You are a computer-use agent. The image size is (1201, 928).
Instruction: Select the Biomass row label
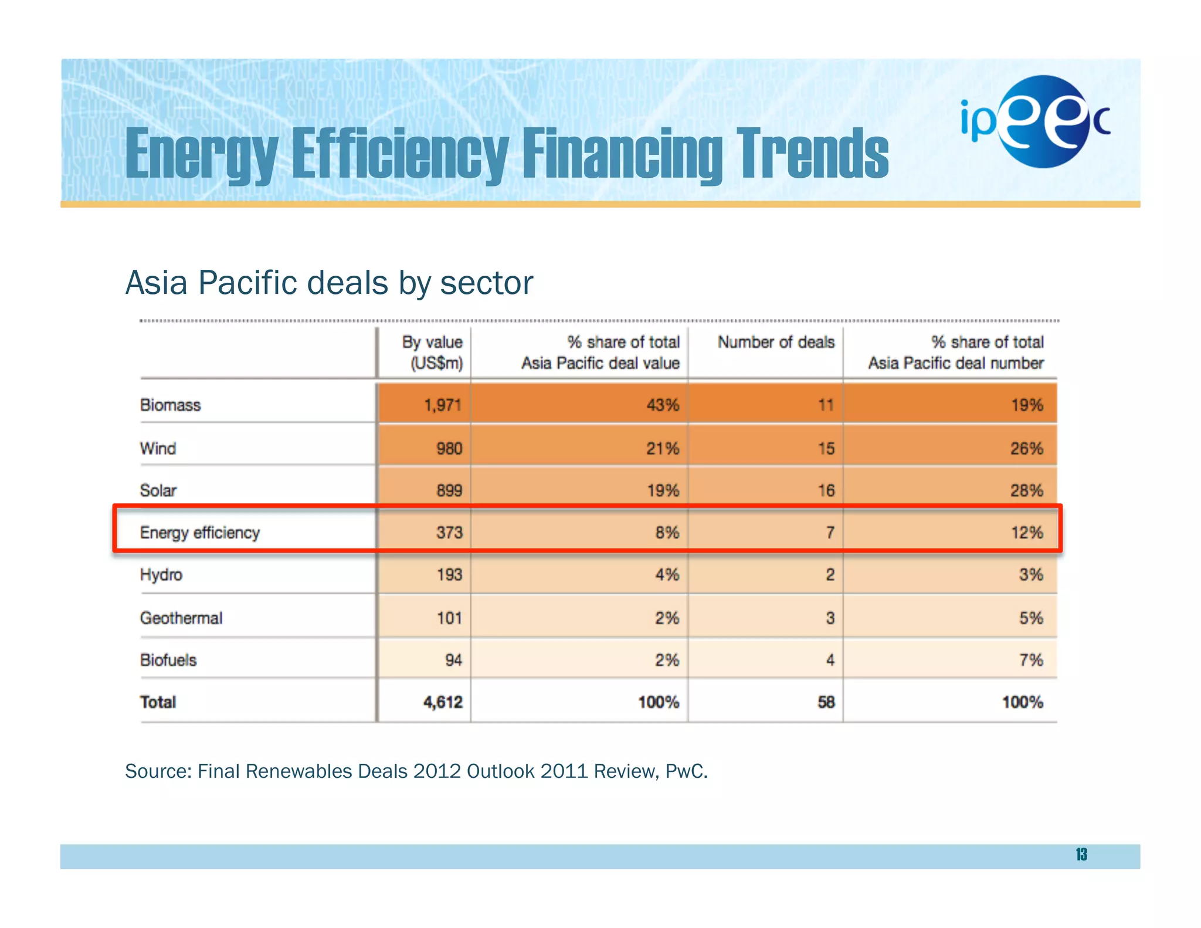170,405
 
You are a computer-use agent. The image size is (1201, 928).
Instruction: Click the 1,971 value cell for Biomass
442,405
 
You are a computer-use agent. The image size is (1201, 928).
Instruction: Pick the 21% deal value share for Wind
662,449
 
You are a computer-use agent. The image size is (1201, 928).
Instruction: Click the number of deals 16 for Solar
826,490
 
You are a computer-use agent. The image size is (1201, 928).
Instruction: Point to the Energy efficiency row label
199,533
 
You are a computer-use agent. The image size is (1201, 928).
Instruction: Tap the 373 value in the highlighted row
449,533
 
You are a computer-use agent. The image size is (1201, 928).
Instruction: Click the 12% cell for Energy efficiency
1027,533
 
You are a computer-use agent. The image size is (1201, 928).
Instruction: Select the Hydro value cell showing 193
449,575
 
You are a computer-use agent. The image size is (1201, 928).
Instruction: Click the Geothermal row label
181,618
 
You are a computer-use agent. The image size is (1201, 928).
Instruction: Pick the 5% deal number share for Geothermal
1030,618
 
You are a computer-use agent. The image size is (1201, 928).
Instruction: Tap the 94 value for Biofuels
453,660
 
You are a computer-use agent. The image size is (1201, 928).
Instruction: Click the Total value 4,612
443,702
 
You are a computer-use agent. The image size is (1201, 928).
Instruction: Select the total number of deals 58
826,702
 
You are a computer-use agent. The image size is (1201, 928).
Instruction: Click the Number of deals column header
775,343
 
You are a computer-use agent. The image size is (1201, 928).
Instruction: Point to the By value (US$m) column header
433,353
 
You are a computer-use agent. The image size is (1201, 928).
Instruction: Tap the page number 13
1081,855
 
